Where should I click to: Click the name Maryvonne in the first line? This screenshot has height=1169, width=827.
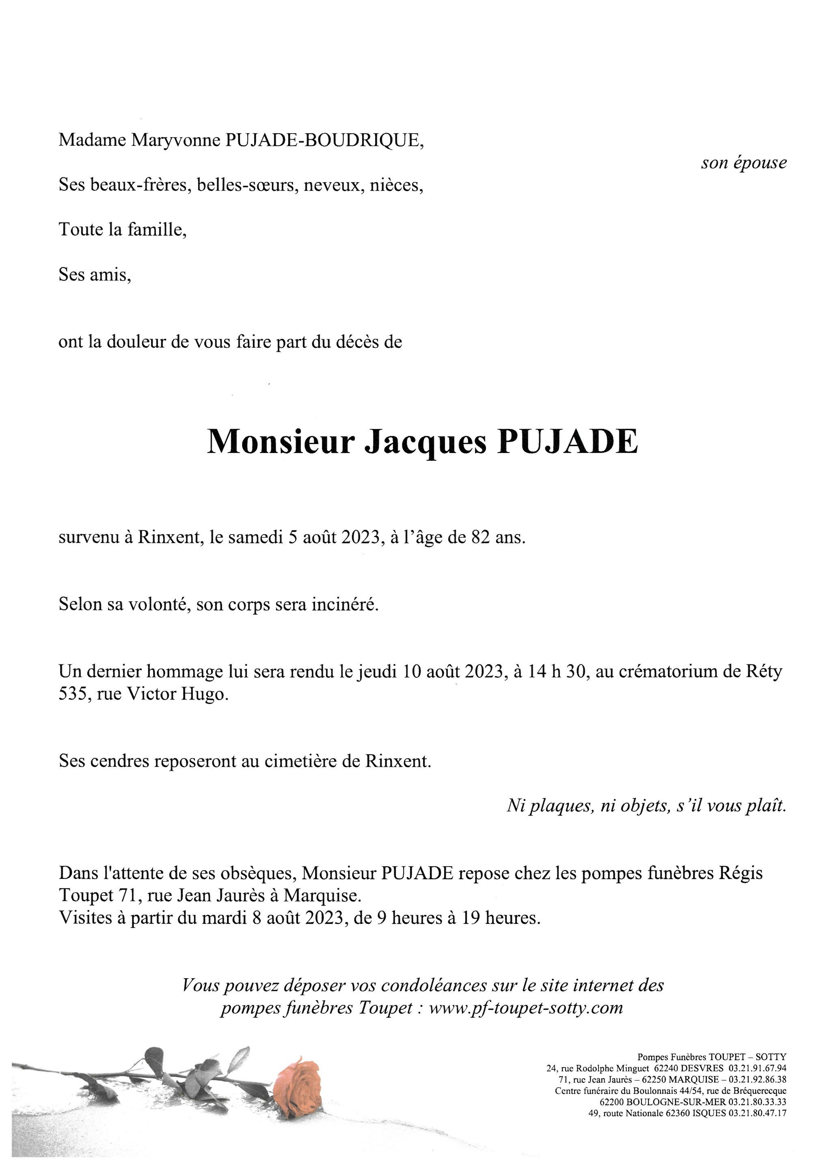pyautogui.click(x=176, y=140)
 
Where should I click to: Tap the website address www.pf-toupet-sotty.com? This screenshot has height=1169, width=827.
pyautogui.click(x=526, y=1007)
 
